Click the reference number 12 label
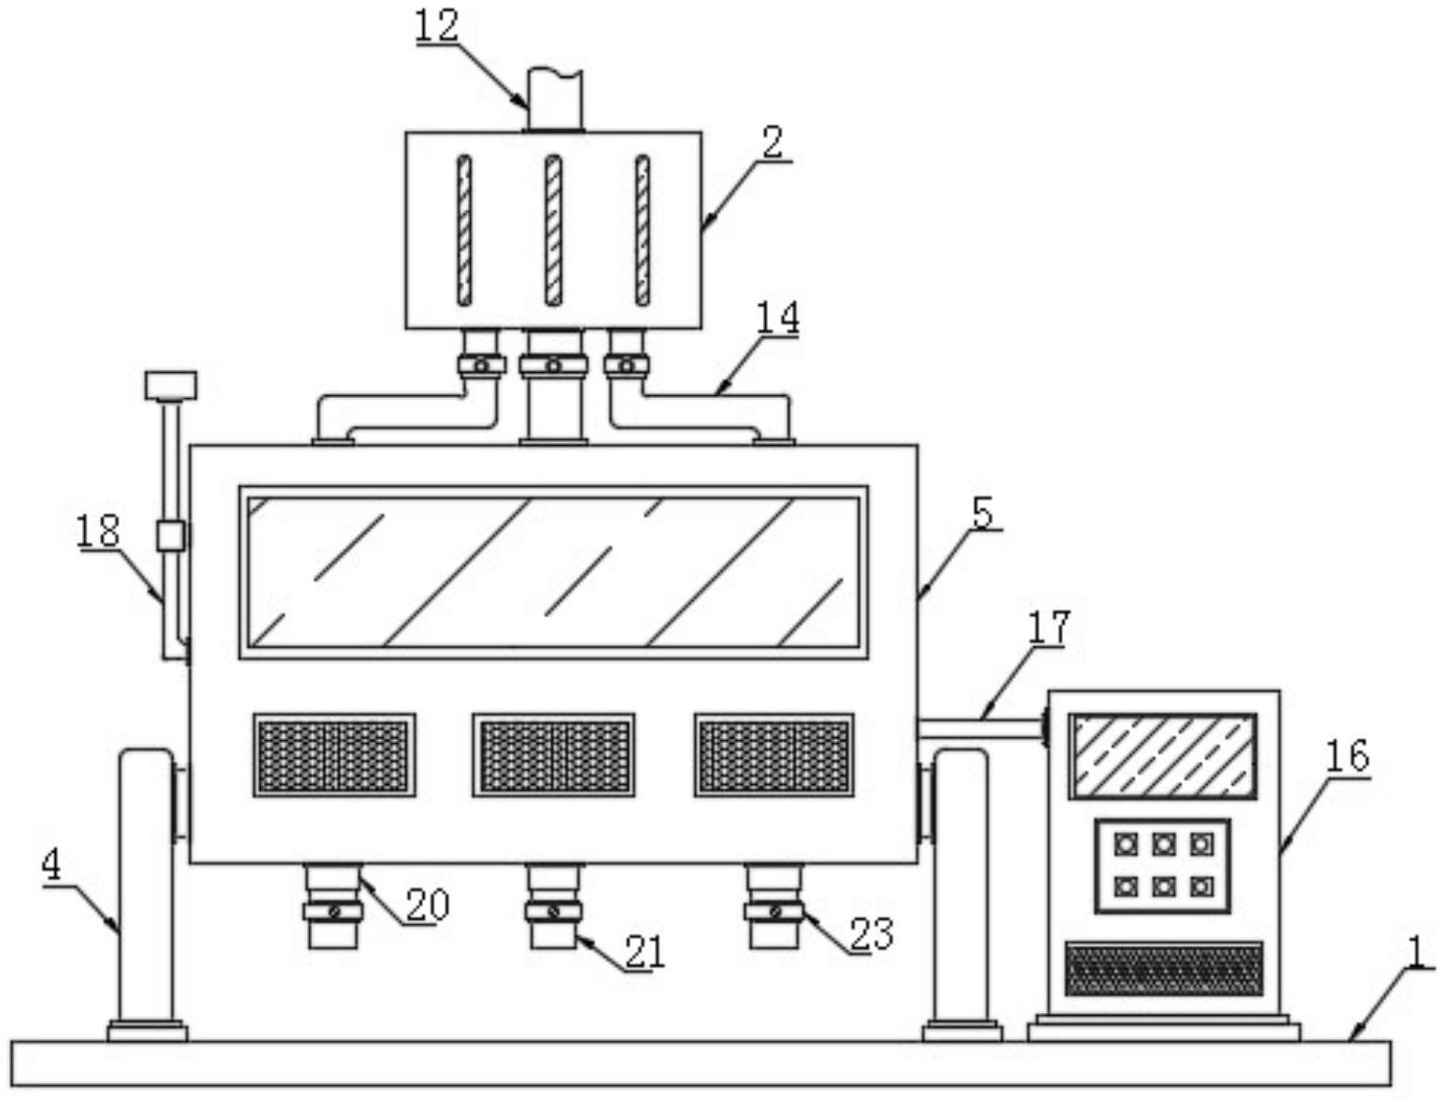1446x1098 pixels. point(436,26)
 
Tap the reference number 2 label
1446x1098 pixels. point(772,143)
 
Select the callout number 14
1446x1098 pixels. point(777,318)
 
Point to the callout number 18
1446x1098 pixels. point(99,532)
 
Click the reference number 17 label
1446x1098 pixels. point(1048,628)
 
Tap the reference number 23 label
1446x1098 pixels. point(871,934)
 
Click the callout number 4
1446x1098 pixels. point(51,865)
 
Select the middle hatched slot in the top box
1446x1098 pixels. point(553,230)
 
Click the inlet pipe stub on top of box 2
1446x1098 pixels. point(555,99)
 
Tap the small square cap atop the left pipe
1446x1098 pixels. point(171,385)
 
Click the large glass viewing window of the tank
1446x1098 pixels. point(553,572)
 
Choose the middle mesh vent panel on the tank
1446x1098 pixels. point(553,755)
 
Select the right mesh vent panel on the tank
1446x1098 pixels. point(773,755)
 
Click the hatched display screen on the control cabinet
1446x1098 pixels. point(1162,757)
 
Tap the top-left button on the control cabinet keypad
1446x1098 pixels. point(1126,845)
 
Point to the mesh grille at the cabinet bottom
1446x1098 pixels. point(1163,968)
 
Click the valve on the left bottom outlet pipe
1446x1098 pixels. point(333,910)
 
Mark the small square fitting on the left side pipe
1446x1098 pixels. point(170,535)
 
